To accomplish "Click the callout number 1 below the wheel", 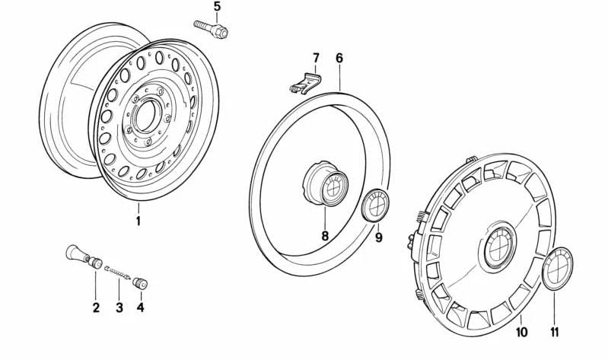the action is (138, 221).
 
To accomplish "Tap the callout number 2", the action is (96, 307).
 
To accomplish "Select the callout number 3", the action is (119, 307).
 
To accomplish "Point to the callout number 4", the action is (140, 307).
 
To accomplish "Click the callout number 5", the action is (217, 7).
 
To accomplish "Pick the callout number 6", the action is (339, 58).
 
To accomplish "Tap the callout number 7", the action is (316, 58).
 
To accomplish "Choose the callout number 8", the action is (325, 235).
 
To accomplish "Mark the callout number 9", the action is (379, 237).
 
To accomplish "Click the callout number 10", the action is (521, 332).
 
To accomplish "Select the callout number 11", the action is (555, 332).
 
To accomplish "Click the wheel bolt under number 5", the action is (211, 29).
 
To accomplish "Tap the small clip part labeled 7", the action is (306, 84).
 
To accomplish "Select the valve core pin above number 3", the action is (117, 272).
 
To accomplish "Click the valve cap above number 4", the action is (140, 283).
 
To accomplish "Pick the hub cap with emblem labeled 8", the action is (326, 183).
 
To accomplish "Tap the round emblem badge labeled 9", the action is (376, 205).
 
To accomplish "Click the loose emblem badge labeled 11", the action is (557, 268).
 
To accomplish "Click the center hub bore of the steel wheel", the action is (146, 115).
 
